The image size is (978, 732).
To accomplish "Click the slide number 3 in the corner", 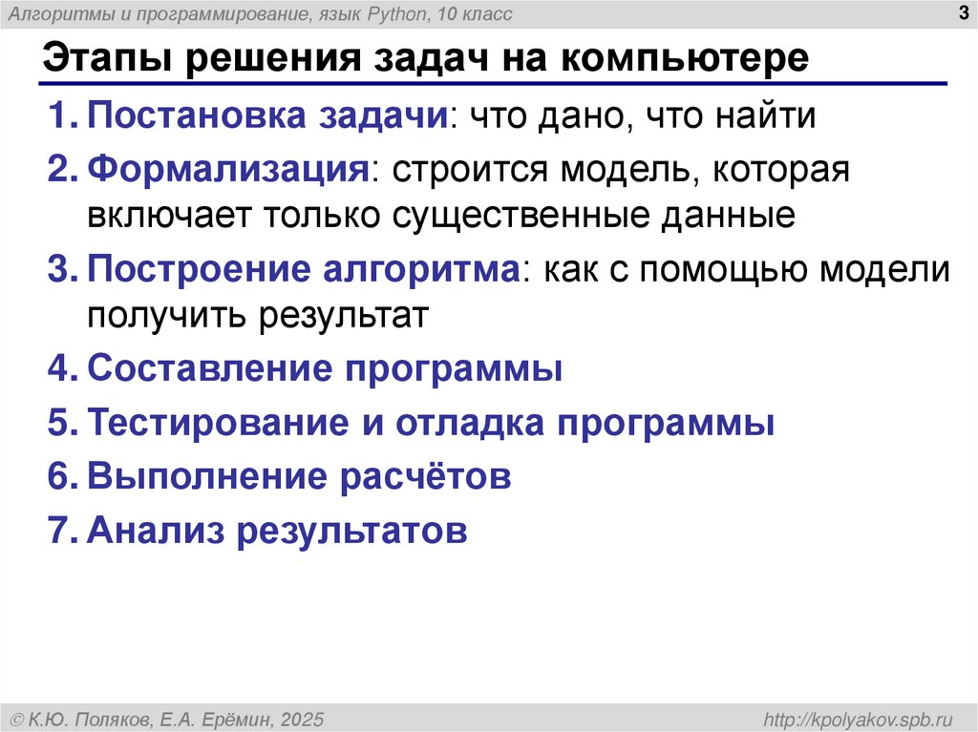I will point(963,12).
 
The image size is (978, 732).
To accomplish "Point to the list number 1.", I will point(59,117).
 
